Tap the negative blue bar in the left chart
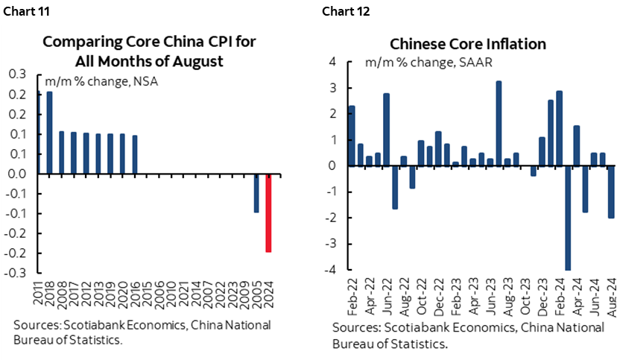(x=257, y=193)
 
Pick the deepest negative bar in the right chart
(x=568, y=218)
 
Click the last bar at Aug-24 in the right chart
(x=610, y=192)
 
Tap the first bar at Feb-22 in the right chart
(x=352, y=136)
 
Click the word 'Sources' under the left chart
(x=32, y=326)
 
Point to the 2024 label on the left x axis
(x=269, y=290)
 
